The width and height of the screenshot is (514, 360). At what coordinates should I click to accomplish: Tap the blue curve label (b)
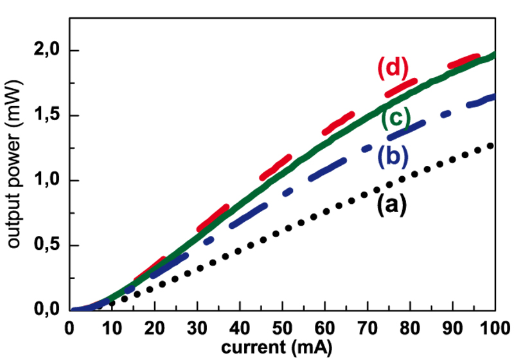[391, 156]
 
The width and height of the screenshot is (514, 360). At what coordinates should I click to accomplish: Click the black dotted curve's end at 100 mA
[493, 146]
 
